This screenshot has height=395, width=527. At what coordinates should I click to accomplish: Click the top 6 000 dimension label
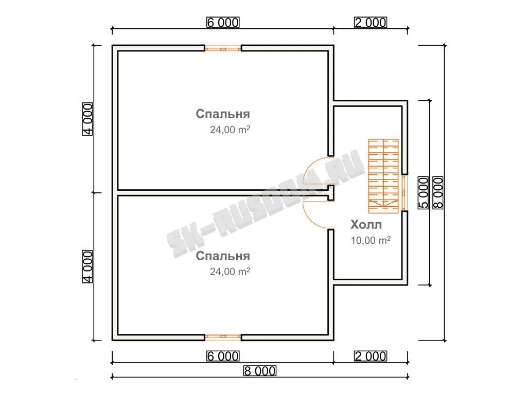click(x=223, y=23)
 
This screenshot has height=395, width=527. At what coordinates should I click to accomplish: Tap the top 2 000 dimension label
click(x=371, y=23)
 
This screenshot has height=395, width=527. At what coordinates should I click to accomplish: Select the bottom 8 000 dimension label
click(x=260, y=371)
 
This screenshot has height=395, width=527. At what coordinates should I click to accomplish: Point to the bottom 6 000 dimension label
click(x=223, y=356)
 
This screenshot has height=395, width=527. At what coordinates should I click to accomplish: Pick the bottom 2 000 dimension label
click(x=371, y=356)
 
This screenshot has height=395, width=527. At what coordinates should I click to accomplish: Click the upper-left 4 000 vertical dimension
click(x=87, y=119)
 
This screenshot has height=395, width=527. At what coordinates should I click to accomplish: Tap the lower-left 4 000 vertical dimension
click(x=87, y=267)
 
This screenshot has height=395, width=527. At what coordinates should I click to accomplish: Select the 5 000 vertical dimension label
click(x=424, y=193)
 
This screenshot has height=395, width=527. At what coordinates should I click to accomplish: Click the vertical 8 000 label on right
click(x=438, y=193)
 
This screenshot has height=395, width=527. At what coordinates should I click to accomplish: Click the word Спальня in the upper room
click(x=223, y=114)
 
